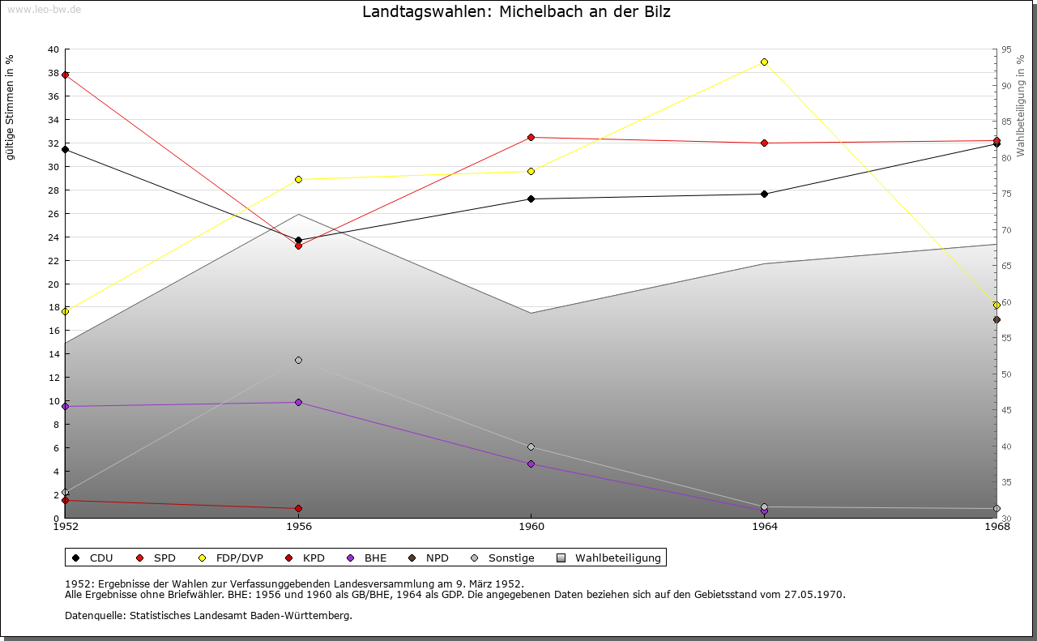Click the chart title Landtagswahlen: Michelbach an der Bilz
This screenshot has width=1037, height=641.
[516, 12]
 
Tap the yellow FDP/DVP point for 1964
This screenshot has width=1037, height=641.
[764, 62]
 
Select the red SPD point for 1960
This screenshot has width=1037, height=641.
[531, 137]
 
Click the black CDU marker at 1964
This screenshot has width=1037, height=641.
[764, 194]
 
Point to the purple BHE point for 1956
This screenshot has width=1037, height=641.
[298, 402]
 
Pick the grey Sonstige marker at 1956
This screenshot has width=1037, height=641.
[298, 360]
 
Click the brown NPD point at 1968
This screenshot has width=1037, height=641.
[996, 319]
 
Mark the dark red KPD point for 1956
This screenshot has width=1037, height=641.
[298, 508]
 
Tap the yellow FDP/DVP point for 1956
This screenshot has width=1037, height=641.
[298, 179]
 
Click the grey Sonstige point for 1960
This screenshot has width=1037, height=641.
[531, 447]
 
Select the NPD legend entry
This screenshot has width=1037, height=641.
[429, 558]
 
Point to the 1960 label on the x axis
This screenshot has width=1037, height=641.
[531, 527]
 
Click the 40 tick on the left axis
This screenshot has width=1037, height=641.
[53, 49]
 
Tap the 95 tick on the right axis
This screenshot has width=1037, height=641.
[1006, 49]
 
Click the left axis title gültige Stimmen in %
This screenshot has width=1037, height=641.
[11, 107]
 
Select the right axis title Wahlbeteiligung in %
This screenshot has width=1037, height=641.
[1020, 105]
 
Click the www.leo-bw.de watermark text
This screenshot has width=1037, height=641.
[44, 9]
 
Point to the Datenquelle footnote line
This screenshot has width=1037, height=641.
[208, 615]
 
